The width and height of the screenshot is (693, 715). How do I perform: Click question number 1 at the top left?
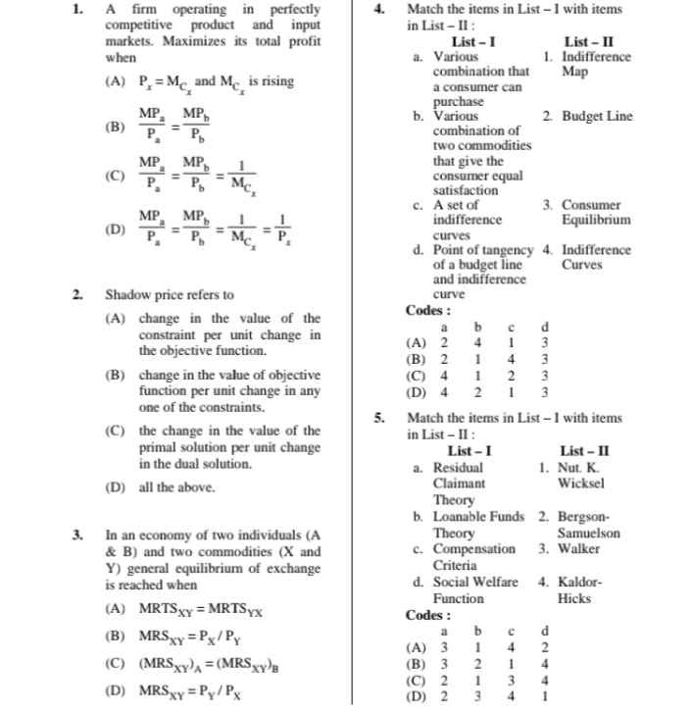(x=78, y=10)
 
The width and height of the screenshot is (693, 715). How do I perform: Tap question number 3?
(x=78, y=536)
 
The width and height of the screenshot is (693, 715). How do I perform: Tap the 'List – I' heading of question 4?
(x=473, y=42)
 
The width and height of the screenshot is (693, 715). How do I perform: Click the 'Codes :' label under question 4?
(x=427, y=311)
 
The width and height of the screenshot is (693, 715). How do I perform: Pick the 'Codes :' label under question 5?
(x=427, y=615)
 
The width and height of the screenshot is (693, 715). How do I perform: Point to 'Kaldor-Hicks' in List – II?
(x=578, y=589)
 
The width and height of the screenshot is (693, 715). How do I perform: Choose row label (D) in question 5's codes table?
(x=417, y=694)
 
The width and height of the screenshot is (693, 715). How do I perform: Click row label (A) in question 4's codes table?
(x=417, y=343)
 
